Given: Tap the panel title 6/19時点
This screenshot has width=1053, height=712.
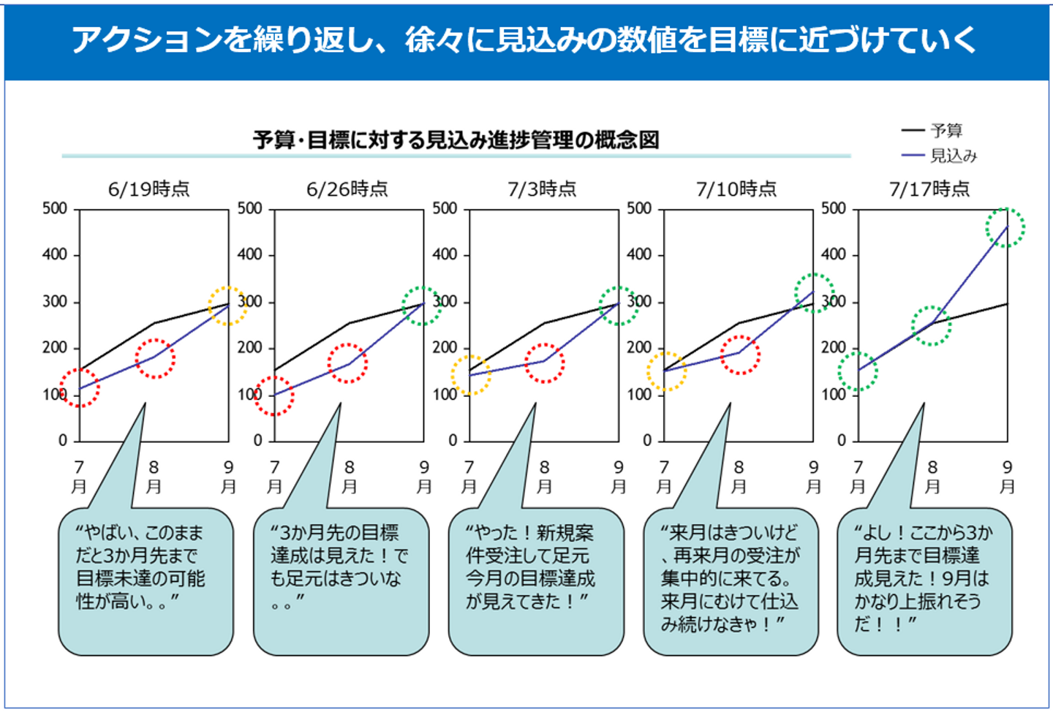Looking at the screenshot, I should [149, 189].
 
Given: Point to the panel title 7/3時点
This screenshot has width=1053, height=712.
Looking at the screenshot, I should [542, 189].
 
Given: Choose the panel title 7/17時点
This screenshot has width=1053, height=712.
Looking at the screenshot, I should [929, 189].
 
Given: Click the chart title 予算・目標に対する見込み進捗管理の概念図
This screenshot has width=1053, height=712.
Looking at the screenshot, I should [456, 140].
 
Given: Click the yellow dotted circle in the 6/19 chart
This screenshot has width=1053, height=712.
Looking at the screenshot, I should [227, 306].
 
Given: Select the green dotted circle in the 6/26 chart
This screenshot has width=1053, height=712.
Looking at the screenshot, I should [422, 306].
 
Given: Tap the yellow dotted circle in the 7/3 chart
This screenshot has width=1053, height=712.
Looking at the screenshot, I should [471, 375].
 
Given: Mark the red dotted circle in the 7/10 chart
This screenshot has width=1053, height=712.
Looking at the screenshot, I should [740, 355].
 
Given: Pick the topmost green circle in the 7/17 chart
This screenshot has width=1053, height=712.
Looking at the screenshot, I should [1005, 227].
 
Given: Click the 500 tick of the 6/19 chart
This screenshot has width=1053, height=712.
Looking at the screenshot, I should [55, 209].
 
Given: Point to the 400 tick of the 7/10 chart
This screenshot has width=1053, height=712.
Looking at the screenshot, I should [639, 255].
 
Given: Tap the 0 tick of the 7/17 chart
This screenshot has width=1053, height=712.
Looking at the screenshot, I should [842, 441].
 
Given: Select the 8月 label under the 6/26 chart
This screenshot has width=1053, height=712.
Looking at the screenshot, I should [350, 477].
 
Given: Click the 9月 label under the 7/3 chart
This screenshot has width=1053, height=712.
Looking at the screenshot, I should [619, 477].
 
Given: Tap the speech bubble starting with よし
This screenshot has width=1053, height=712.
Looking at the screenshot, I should [924, 581].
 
